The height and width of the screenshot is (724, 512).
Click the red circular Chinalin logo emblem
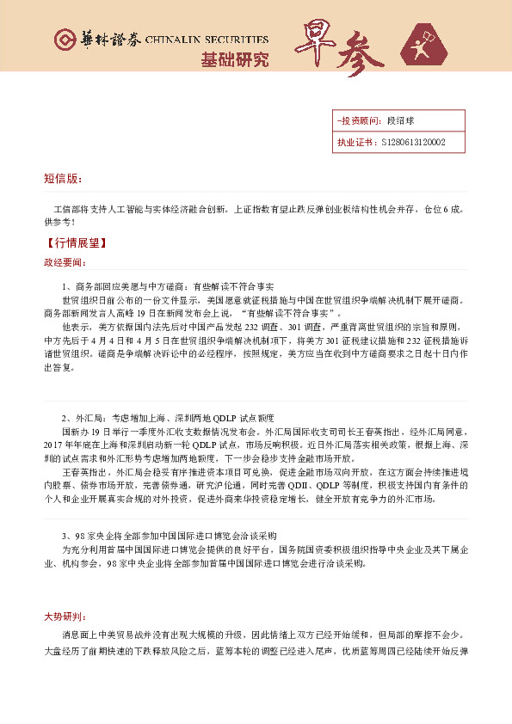click(x=65, y=40)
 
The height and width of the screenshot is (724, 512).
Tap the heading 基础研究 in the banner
click(x=234, y=59)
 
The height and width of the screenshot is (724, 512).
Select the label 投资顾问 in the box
click(x=355, y=121)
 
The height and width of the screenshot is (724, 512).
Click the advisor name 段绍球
click(x=399, y=121)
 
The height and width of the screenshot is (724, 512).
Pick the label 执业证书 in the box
click(x=354, y=143)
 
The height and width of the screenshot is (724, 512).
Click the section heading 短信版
click(x=63, y=179)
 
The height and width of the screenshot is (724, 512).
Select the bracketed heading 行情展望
click(x=77, y=242)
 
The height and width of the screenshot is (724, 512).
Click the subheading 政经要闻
click(x=65, y=261)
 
